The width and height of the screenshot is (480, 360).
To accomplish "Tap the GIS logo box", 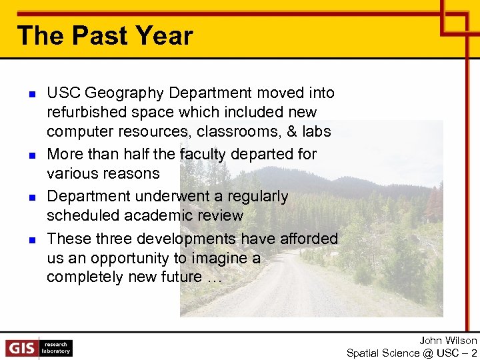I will pos(22,348).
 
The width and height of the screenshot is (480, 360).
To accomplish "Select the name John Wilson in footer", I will pos(448,341).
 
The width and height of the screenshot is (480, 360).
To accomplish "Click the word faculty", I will pos(203,154).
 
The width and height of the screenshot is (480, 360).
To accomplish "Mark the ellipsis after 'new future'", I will pos(211,277).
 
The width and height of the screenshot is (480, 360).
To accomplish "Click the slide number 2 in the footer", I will pos(474,353).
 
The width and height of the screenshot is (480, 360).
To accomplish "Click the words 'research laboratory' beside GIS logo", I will pos(56,348).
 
